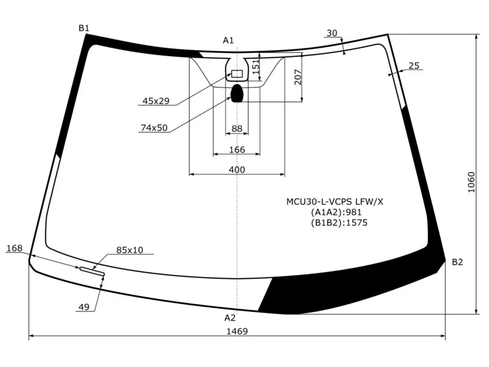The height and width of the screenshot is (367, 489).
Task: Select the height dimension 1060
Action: pyautogui.click(x=471, y=182)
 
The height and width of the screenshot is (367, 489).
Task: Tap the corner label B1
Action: pyautogui.click(x=84, y=28)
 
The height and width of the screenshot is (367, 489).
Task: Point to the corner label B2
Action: pyautogui.click(x=457, y=262)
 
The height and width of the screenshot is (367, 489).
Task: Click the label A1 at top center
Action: pyautogui.click(x=228, y=40)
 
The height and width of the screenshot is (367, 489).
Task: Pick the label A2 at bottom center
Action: pyautogui.click(x=230, y=317)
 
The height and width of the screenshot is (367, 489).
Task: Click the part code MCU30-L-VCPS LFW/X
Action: pyautogui.click(x=335, y=201)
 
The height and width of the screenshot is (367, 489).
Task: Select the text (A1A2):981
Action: pyautogui.click(x=336, y=212)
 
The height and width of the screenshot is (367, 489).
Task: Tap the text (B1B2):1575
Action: pyautogui.click(x=339, y=222)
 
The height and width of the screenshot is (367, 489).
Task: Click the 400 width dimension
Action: pyautogui.click(x=237, y=169)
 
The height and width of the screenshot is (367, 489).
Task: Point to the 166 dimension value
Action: pyautogui.click(x=237, y=150)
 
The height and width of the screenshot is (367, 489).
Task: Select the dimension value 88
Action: pyautogui.click(x=237, y=128)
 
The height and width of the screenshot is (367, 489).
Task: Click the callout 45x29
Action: pyautogui.click(x=156, y=101)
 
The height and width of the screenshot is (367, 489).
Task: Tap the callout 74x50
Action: pyautogui.click(x=153, y=128)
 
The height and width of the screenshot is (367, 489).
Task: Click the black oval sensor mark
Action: pyautogui.click(x=237, y=93)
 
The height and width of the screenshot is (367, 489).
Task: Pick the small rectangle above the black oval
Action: pyautogui.click(x=237, y=74)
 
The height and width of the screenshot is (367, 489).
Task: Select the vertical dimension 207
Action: pyautogui.click(x=298, y=76)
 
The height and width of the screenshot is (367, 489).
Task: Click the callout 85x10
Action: pyautogui.click(x=130, y=250)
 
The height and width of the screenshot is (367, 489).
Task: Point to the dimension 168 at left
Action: pyautogui.click(x=14, y=248)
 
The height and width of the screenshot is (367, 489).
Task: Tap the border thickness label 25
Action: pyautogui.click(x=414, y=65)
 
